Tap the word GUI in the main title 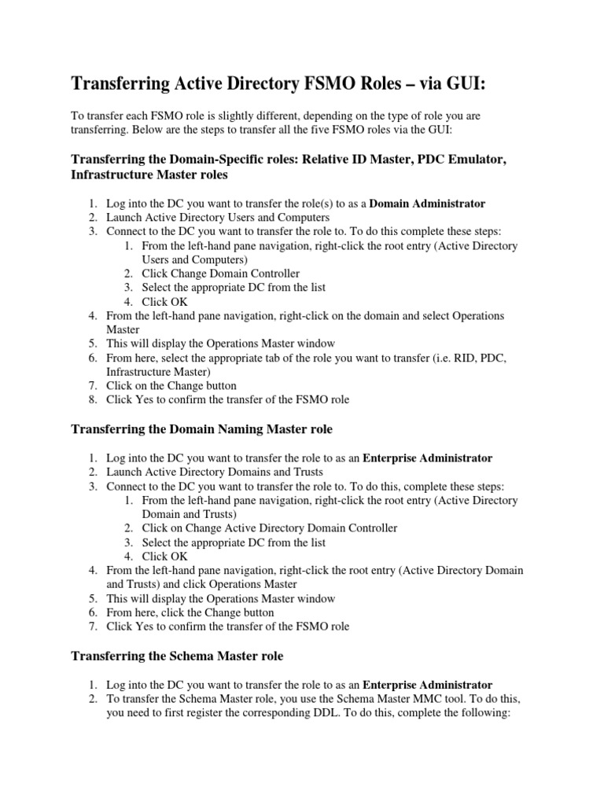pos(466,84)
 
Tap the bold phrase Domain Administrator pos(427,204)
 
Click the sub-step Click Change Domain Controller pos(220,274)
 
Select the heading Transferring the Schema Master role pos(177,656)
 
